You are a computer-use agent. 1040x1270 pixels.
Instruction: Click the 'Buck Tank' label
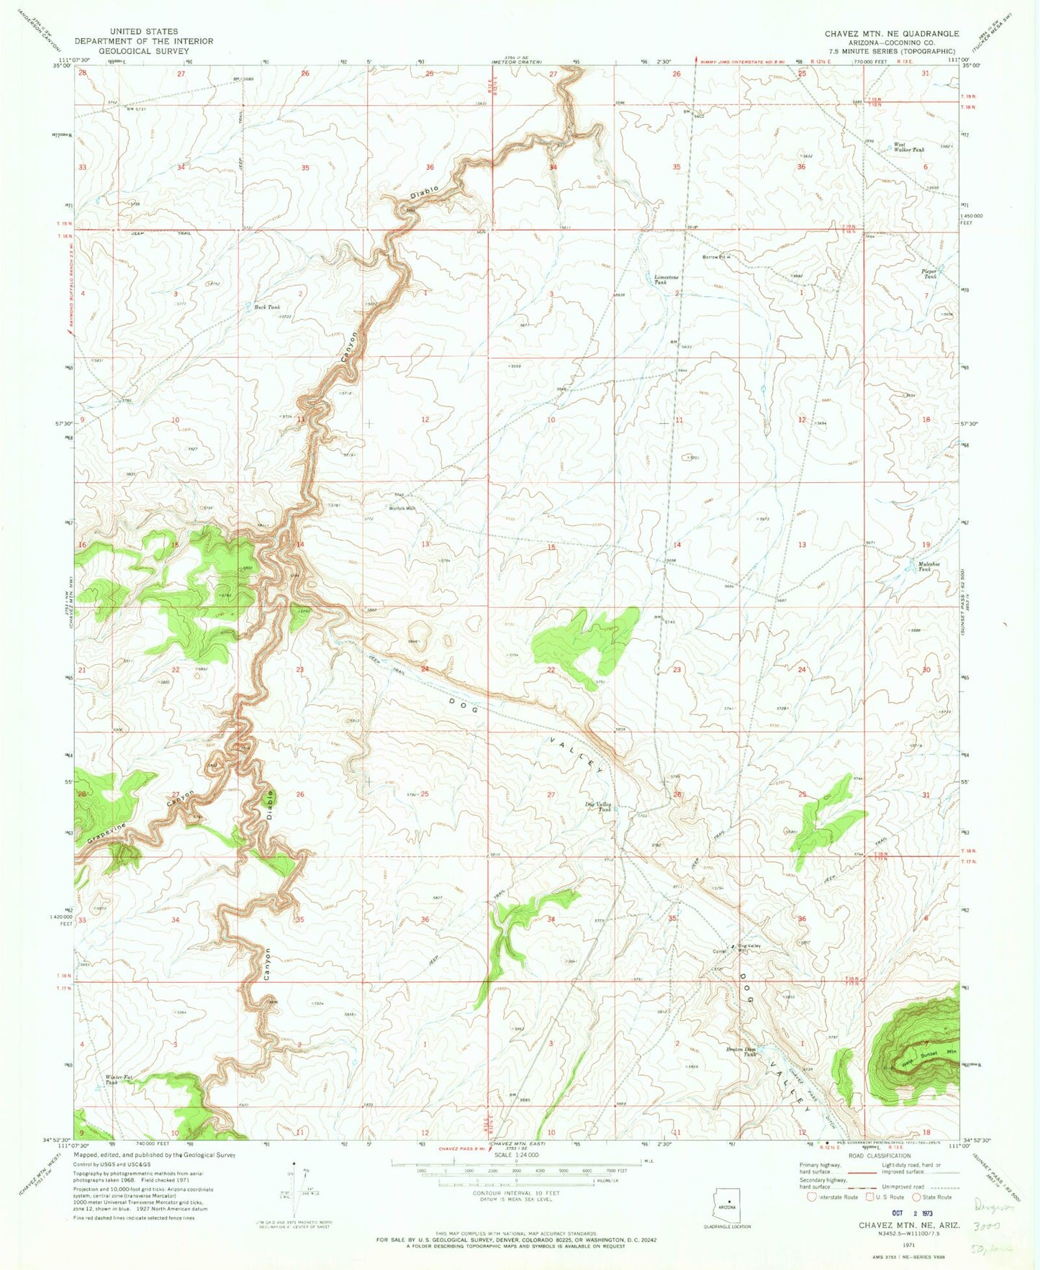click(267, 307)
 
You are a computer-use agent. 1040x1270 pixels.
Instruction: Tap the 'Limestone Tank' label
click(666, 280)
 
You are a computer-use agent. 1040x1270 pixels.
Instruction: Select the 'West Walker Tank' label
click(908, 148)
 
